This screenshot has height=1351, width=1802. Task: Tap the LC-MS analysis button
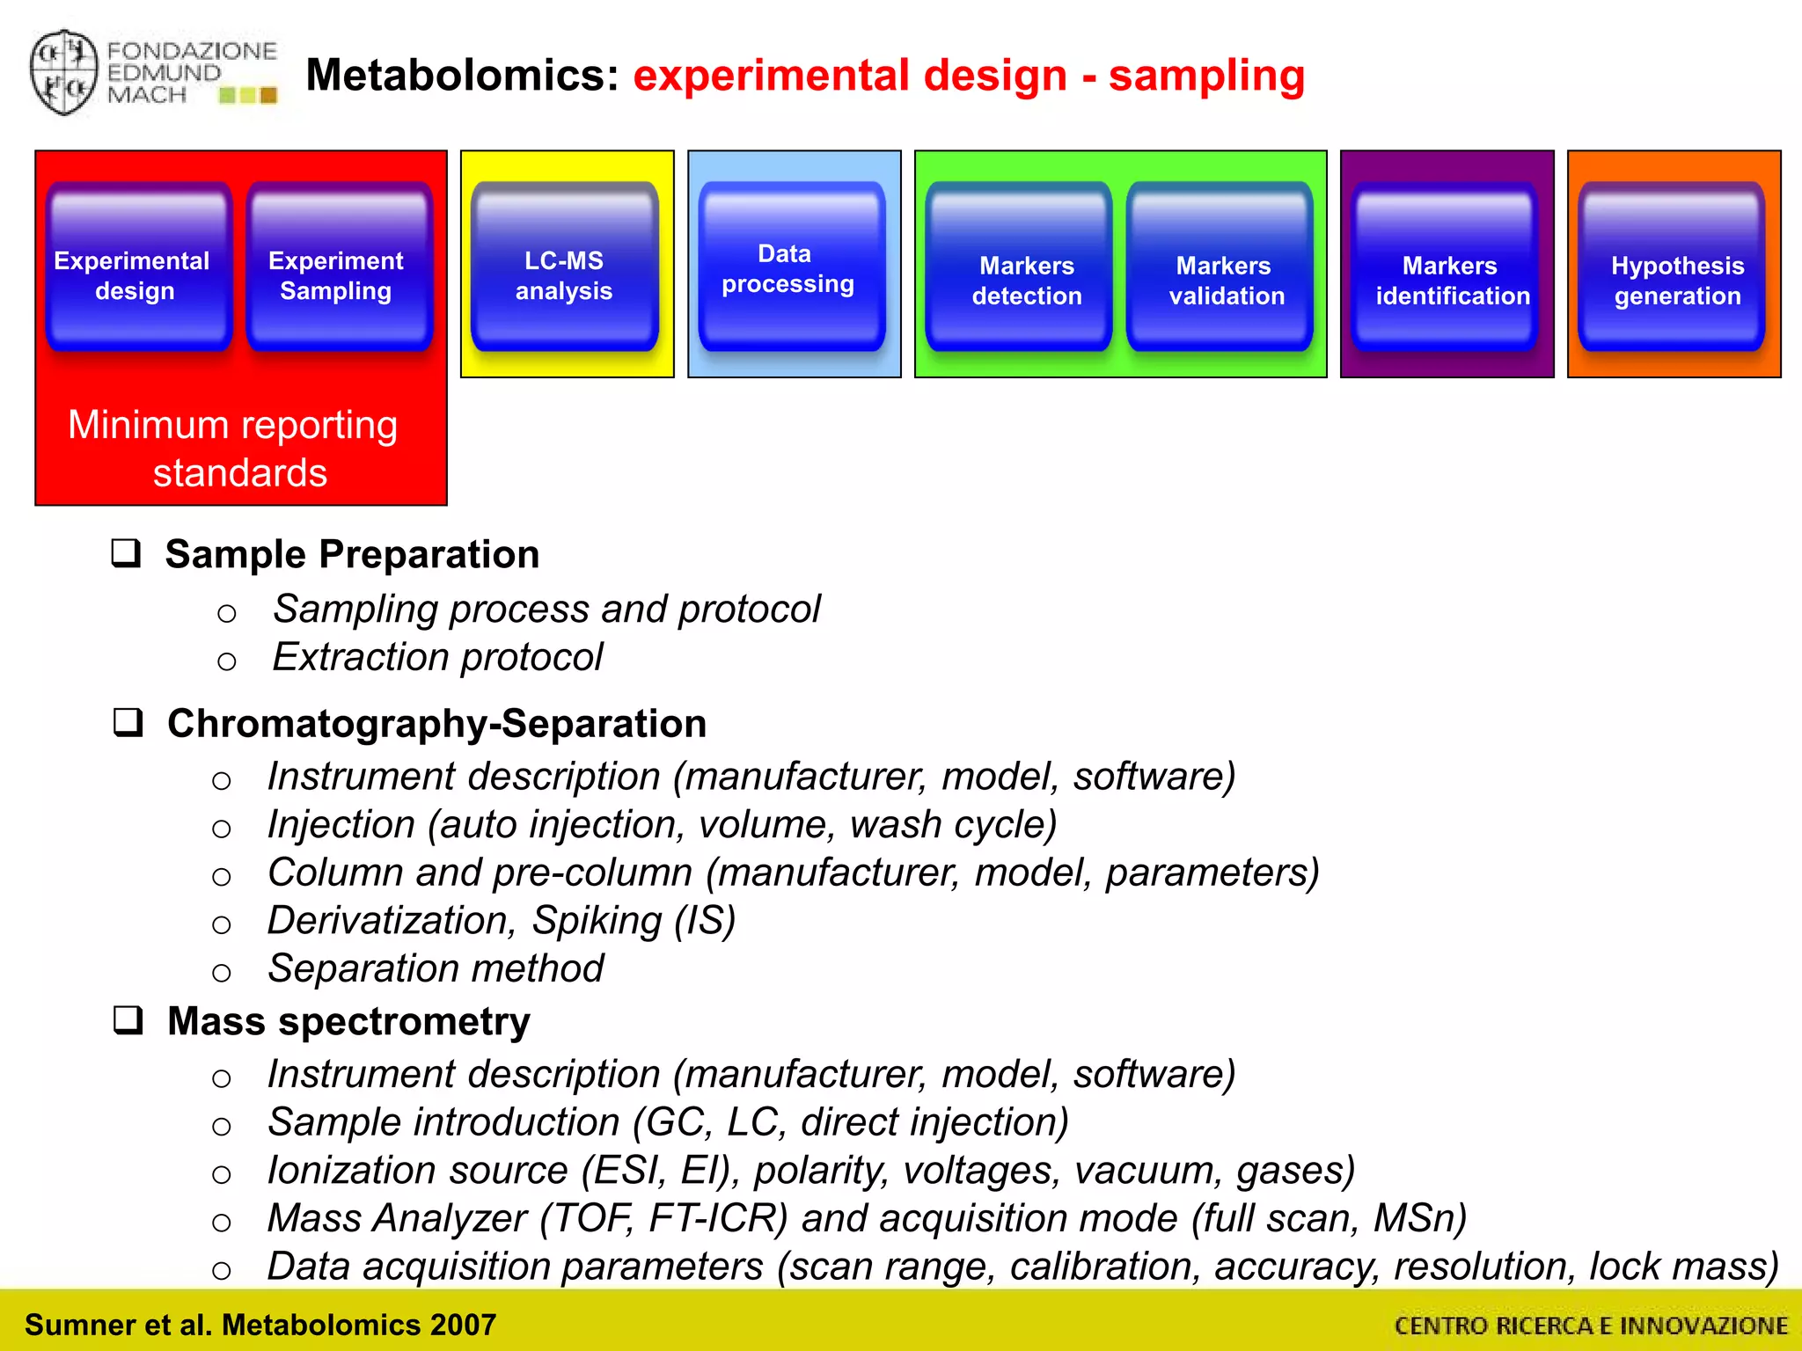564,268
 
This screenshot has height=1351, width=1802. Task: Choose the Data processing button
790,267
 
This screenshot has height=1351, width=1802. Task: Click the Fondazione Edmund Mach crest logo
63,73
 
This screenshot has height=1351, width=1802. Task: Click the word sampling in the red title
1205,76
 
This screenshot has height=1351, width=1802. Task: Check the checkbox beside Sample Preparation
127,553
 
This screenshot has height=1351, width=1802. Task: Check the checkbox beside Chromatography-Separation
128,722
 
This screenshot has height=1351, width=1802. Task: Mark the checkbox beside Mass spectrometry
128,1020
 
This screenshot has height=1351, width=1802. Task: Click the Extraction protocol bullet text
437,657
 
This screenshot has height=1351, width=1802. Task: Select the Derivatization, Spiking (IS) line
501,921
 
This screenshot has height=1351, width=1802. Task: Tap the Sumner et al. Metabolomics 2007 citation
260,1325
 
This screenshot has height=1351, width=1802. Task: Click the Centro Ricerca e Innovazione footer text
1590,1325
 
